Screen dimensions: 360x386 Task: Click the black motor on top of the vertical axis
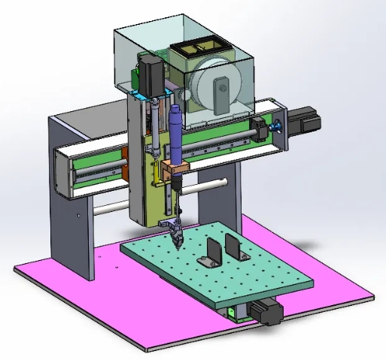[x=147, y=72]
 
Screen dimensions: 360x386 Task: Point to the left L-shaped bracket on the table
[x=210, y=251]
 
